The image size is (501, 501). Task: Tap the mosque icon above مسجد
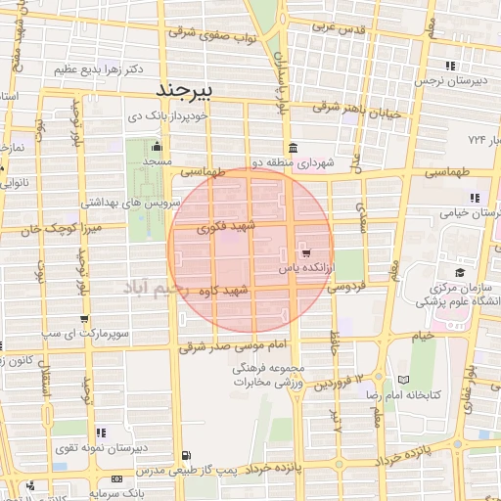(157, 146)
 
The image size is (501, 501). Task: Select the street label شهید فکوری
(226, 228)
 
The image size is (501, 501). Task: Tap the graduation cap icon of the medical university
(457, 274)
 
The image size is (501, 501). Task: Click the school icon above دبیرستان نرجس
(443, 66)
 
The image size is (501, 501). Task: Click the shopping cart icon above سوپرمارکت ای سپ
(86, 319)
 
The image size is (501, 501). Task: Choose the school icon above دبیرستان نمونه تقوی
(101, 432)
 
